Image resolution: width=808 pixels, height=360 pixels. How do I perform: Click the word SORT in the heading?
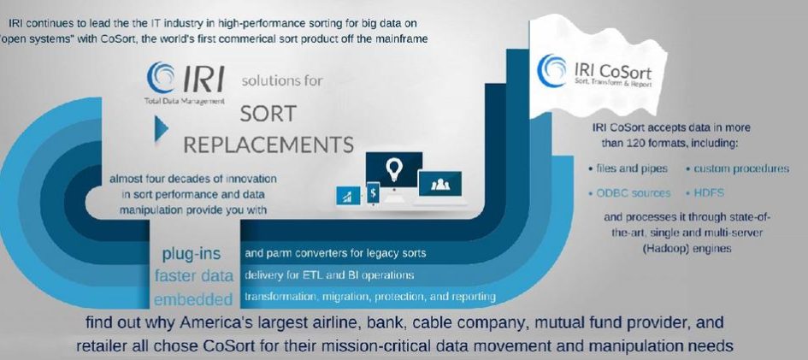[268, 115]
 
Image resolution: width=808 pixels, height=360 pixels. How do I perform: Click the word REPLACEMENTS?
[268, 145]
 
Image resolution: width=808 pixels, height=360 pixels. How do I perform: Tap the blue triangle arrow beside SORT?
[162, 129]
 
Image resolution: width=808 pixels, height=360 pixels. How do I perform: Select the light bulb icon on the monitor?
[394, 168]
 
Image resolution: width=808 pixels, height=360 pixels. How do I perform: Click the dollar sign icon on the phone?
[372, 194]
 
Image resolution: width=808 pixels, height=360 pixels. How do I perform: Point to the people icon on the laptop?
[440, 183]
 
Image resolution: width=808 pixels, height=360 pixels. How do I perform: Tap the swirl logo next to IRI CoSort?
[551, 70]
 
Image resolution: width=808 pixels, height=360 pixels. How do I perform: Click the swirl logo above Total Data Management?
[160, 77]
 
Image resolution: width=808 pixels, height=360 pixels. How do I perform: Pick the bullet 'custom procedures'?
[737, 168]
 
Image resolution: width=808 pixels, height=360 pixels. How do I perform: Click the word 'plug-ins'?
[192, 254]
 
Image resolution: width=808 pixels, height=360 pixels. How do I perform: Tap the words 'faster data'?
[194, 275]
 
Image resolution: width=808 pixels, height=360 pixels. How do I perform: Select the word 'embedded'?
[193, 298]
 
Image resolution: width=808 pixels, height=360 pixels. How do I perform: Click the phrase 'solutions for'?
[282, 81]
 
